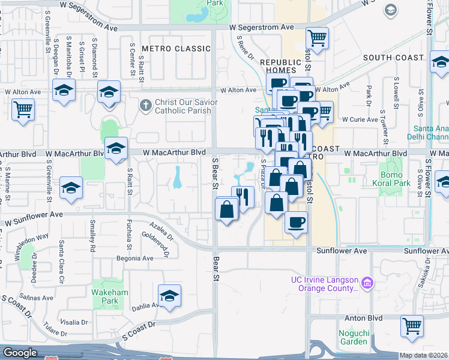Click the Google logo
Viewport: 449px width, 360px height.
pyautogui.click(x=20, y=353)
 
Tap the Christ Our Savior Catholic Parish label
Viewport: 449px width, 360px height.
pyautogui.click(x=182, y=106)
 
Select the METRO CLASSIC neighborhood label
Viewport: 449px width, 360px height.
pyautogui.click(x=172, y=48)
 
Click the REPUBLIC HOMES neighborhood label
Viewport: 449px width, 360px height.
pyautogui.click(x=280, y=66)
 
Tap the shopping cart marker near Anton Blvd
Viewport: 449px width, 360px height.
pyautogui.click(x=412, y=326)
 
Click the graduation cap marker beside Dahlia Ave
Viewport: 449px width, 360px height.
pyautogui.click(x=169, y=296)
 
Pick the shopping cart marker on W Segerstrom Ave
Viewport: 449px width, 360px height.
pyautogui.click(x=318, y=38)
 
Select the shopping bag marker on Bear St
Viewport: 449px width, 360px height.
pyautogui.click(x=228, y=210)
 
